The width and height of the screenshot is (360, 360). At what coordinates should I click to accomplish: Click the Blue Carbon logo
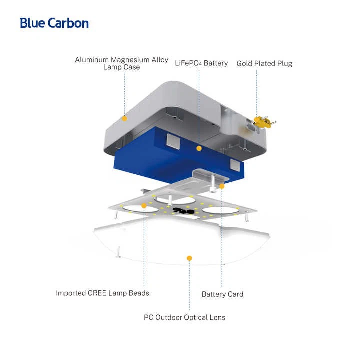pyautogui.click(x=54, y=23)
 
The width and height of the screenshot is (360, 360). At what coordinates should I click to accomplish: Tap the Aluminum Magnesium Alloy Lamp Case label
pyautogui.click(x=121, y=63)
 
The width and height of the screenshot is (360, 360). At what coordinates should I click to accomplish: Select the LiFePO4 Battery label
pyautogui.click(x=201, y=63)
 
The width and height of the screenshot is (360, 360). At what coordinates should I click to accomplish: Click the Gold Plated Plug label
pyautogui.click(x=264, y=63)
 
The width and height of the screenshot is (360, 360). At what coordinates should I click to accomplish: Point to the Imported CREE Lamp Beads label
pyautogui.click(x=102, y=293)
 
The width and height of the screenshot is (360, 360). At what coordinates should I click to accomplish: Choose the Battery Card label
pyautogui.click(x=222, y=294)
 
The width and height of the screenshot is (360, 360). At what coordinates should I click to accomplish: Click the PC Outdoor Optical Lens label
pyautogui.click(x=184, y=317)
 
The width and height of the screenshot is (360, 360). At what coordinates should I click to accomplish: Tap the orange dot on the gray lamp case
pyautogui.click(x=124, y=118)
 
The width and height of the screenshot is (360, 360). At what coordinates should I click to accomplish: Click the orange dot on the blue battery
pyautogui.click(x=199, y=148)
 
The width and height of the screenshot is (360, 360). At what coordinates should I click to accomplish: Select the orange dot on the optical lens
pyautogui.click(x=189, y=258)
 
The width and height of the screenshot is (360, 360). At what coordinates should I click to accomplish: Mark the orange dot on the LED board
pyautogui.click(x=144, y=206)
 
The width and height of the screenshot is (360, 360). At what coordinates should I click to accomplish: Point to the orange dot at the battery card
pyautogui.click(x=222, y=186)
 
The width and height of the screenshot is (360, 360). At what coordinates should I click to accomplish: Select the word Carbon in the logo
pyautogui.click(x=68, y=23)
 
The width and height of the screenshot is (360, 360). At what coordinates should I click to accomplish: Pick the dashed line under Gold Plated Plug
pyautogui.click(x=256, y=93)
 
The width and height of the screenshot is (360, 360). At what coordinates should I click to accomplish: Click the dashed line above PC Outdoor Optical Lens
pyautogui.click(x=189, y=286)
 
